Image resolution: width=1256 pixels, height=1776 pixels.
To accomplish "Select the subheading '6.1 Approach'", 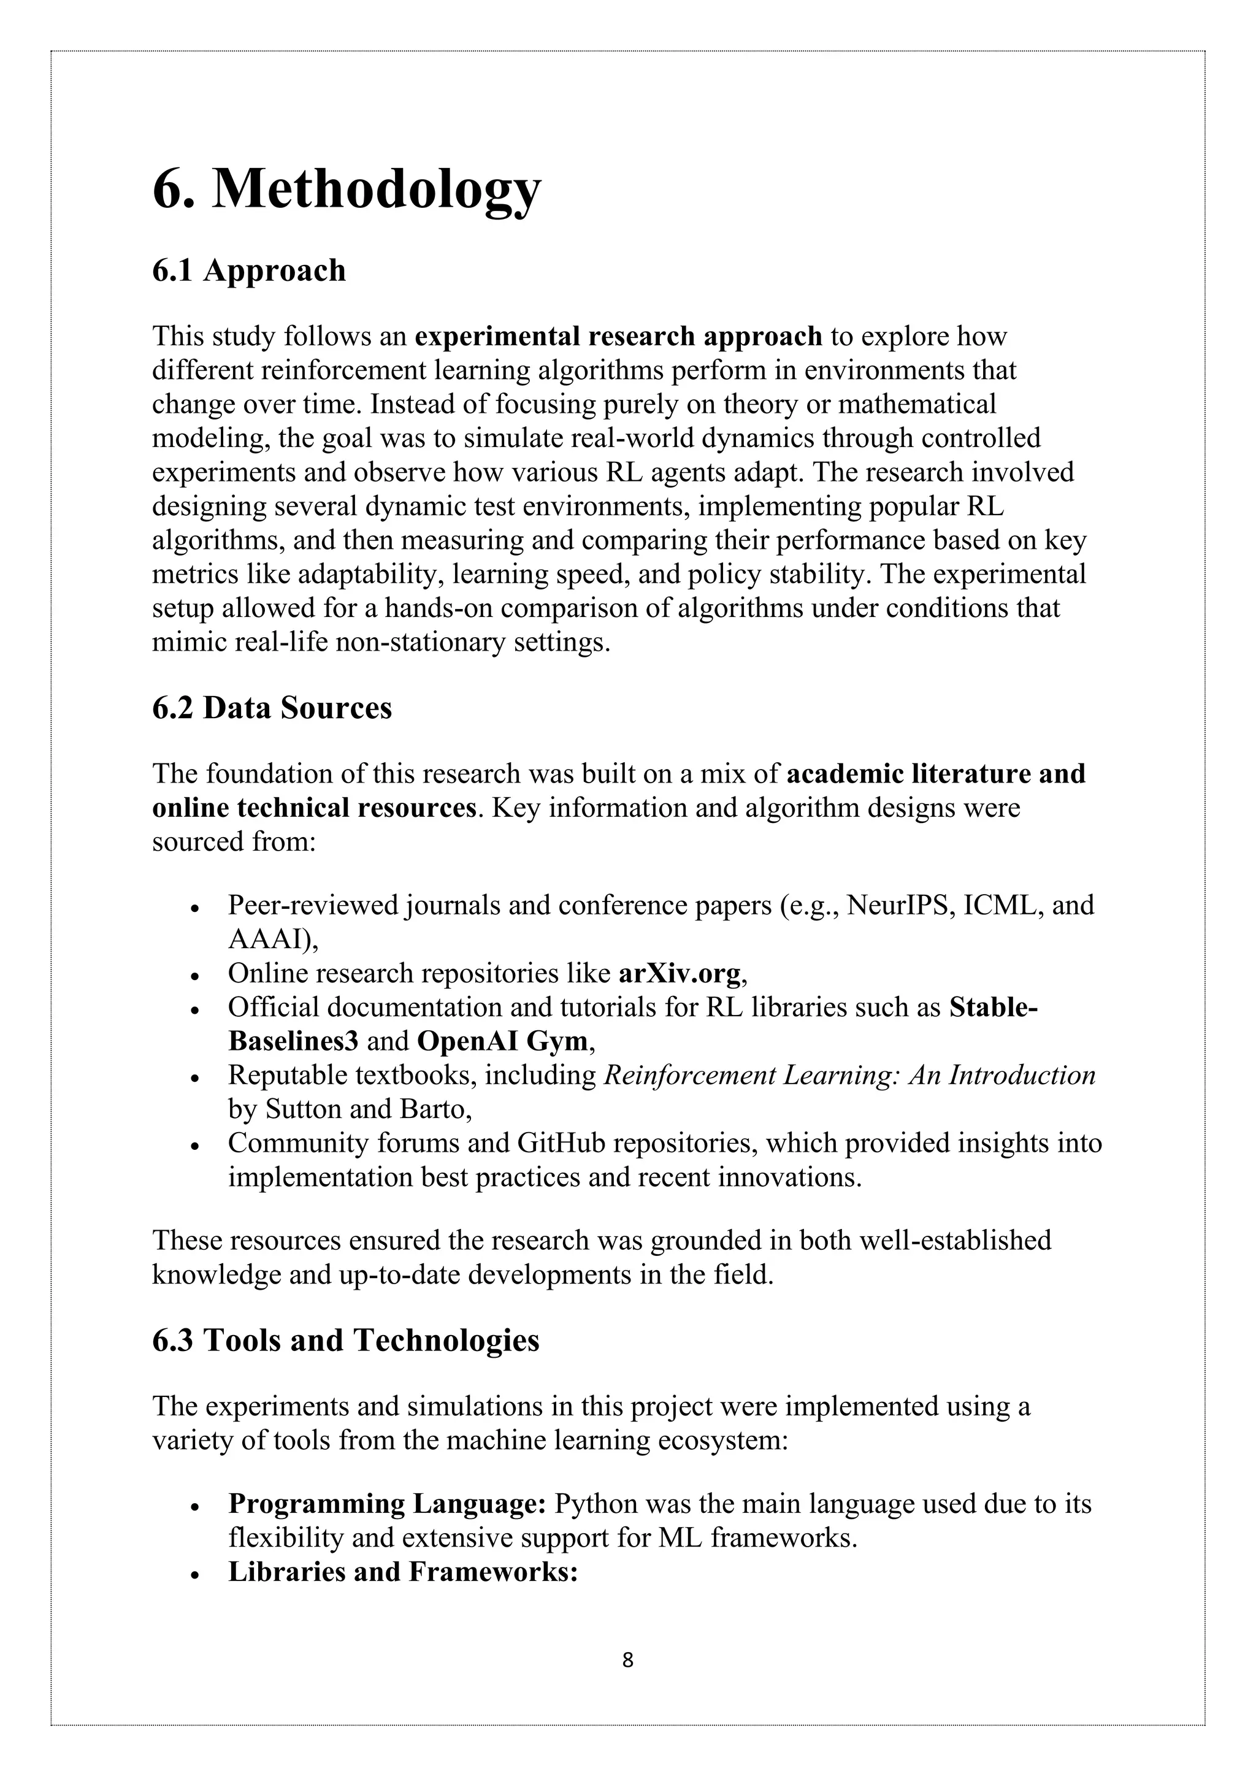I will [x=248, y=270].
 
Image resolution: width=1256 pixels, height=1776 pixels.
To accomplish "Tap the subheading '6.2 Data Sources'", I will [x=272, y=708].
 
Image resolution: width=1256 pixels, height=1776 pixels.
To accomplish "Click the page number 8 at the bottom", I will [x=627, y=1660].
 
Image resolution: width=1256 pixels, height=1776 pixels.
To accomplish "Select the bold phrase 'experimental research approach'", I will [x=618, y=337].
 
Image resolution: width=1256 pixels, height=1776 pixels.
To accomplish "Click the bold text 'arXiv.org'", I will [x=680, y=973].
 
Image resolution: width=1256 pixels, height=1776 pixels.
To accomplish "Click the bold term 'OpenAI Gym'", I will [x=503, y=1041].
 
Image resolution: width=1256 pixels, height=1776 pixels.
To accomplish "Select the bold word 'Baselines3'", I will [x=293, y=1041].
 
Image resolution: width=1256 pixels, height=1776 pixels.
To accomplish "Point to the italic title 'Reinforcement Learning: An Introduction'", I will [x=848, y=1075].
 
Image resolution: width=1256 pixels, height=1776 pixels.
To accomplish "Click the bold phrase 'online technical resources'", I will [x=314, y=808].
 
